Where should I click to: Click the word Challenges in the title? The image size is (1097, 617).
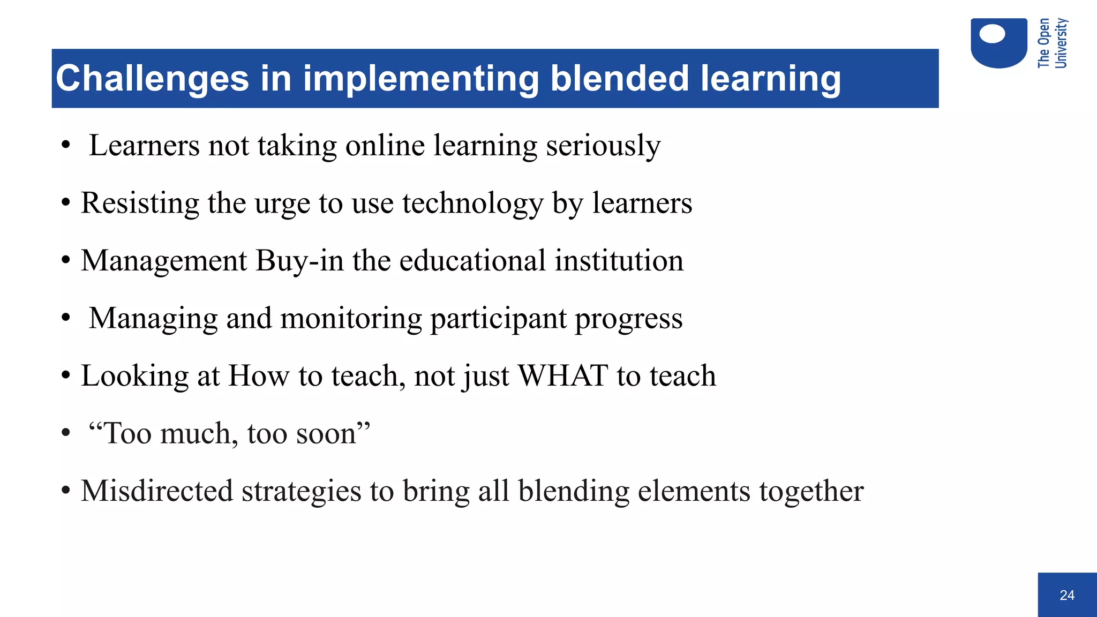pos(152,79)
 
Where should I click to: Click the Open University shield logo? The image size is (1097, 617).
pos(998,43)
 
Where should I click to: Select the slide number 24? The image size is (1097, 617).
pos(1066,595)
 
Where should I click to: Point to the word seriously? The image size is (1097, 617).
pos(603,146)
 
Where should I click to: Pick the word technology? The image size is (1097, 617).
pos(472,204)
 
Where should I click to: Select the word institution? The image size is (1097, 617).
pos(619,261)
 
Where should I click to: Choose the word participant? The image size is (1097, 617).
pos(498,319)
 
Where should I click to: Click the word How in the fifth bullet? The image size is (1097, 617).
pos(259,375)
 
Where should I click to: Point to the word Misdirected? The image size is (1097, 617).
pos(157,491)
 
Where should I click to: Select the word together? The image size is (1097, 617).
pos(811,492)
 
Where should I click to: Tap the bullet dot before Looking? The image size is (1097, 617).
pos(66,375)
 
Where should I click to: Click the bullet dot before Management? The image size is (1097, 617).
pos(66,261)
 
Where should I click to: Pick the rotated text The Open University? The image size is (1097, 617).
pos(1052,43)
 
